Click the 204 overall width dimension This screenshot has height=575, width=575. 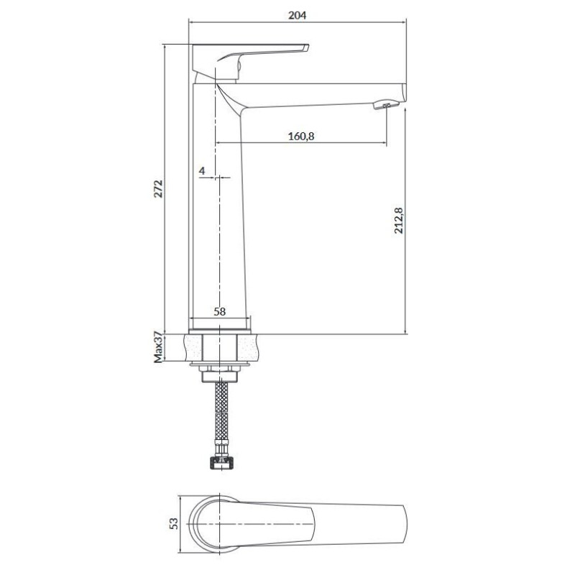click(297, 15)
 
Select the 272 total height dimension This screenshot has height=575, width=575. click(158, 189)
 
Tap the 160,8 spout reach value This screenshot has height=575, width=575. click(301, 137)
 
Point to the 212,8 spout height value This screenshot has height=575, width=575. click(399, 221)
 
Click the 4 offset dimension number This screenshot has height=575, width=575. click(202, 171)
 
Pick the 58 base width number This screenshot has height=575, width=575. click(220, 312)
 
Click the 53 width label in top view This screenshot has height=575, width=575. click(173, 523)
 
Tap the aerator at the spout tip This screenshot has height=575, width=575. click(385, 104)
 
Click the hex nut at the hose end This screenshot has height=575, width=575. click(220, 463)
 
